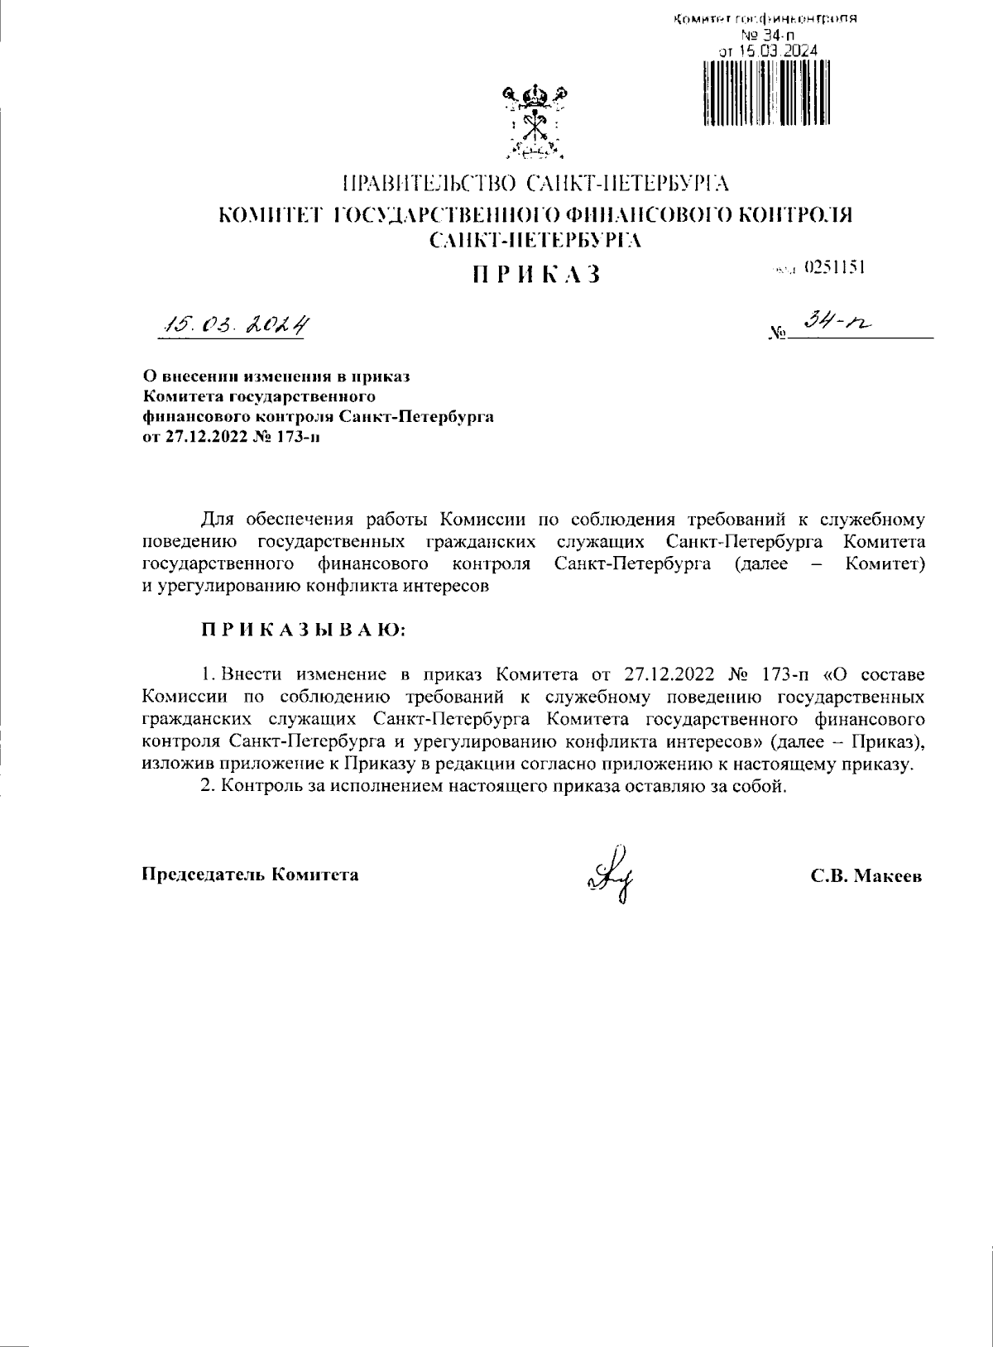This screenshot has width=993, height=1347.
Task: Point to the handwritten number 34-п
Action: click(x=837, y=329)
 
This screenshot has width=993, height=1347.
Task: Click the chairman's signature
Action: click(x=612, y=874)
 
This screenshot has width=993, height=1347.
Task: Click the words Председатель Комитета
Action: click(x=251, y=875)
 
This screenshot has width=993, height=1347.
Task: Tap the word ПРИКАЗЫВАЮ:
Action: click(x=304, y=630)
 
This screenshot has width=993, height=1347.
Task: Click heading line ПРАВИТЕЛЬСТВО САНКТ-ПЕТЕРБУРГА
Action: click(x=535, y=183)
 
